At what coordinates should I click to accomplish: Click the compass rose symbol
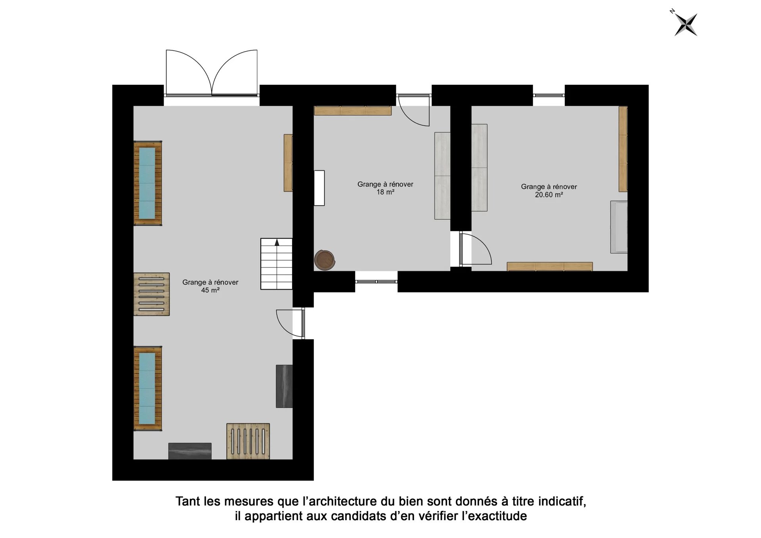click(x=686, y=24)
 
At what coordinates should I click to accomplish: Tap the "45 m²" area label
click(x=210, y=290)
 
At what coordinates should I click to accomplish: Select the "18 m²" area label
click(x=385, y=192)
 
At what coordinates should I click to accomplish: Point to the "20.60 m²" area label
click(x=549, y=195)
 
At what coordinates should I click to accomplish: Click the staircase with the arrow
click(x=276, y=264)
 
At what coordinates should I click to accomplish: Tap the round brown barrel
click(x=325, y=260)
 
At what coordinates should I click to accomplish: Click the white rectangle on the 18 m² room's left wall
click(x=319, y=188)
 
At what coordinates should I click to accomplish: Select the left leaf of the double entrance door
click(x=189, y=72)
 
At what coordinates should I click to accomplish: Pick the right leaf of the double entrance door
click(x=235, y=72)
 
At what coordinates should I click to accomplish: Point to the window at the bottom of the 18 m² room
click(x=376, y=282)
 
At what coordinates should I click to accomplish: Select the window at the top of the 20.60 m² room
click(x=549, y=95)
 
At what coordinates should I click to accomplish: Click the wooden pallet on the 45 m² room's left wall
click(x=151, y=294)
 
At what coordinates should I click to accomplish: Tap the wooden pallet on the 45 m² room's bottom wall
click(x=248, y=441)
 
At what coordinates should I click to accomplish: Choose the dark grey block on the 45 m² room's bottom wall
click(x=190, y=451)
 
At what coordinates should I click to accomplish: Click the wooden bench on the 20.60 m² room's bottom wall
click(x=550, y=267)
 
